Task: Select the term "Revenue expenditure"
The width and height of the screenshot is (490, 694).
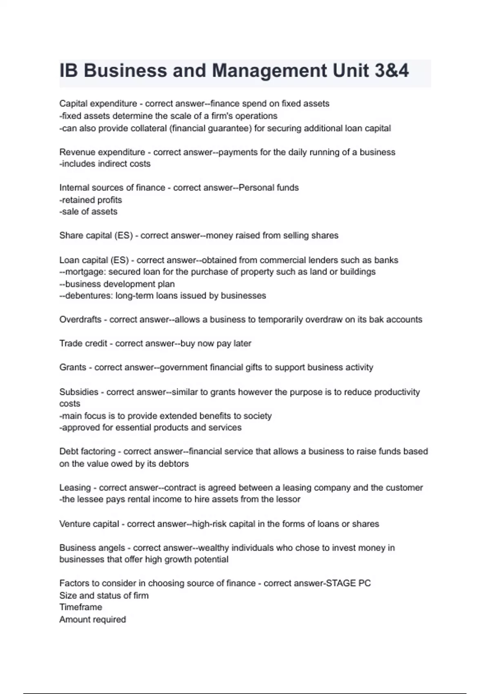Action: pyautogui.click(x=102, y=152)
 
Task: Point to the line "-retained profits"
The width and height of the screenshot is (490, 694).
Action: pyautogui.click(x=91, y=200)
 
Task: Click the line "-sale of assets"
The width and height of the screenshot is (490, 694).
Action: pyautogui.click(x=88, y=211)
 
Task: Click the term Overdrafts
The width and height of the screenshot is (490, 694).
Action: pyautogui.click(x=80, y=320)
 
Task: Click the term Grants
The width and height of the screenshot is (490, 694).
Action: pyautogui.click(x=73, y=367)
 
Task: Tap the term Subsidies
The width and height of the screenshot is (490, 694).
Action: pyautogui.click(x=79, y=392)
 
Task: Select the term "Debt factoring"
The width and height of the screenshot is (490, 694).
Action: pyautogui.click(x=87, y=452)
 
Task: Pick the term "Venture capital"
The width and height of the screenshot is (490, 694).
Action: pyautogui.click(x=89, y=524)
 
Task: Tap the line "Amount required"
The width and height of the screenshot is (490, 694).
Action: pyautogui.click(x=93, y=620)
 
